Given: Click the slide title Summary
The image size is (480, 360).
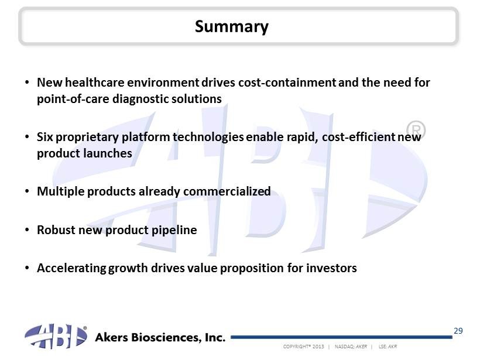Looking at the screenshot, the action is [232, 26].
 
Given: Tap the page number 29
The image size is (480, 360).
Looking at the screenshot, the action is [458, 331].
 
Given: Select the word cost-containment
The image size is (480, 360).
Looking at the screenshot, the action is [287, 83].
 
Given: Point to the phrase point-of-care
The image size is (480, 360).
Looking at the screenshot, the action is [73, 99].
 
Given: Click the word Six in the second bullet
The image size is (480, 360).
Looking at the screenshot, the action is [45, 137].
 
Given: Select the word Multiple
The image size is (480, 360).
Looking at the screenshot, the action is [61, 191].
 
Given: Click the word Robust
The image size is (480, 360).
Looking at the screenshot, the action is [56, 230].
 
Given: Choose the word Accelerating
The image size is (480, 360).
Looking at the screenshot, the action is [71, 269].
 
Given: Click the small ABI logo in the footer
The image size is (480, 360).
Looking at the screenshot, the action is [56, 336].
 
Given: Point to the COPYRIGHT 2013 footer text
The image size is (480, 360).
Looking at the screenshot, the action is [303, 347].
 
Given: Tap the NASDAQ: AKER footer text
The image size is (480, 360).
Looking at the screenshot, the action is [351, 347].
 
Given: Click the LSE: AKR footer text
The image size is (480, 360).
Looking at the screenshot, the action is [388, 347].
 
